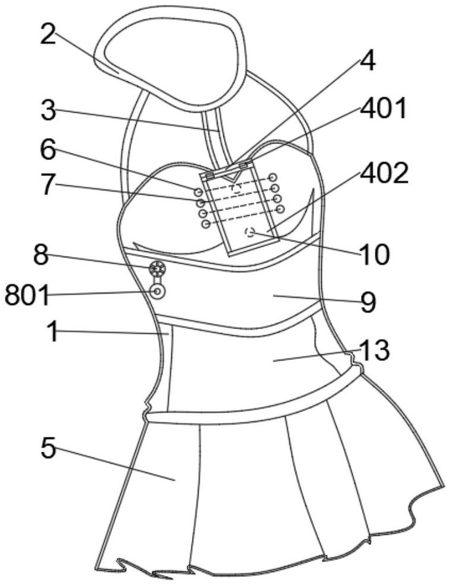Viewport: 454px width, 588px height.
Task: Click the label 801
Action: coord(27,295)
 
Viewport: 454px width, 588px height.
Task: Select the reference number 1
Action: coord(53,332)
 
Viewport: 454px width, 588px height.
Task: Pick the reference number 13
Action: coord(374,351)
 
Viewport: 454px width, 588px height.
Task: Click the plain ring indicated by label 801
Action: coord(158,291)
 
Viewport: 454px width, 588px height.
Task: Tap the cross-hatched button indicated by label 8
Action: coord(157,269)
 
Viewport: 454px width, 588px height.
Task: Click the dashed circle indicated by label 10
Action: coord(250,232)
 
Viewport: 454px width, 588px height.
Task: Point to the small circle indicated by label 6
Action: coord(197,191)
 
